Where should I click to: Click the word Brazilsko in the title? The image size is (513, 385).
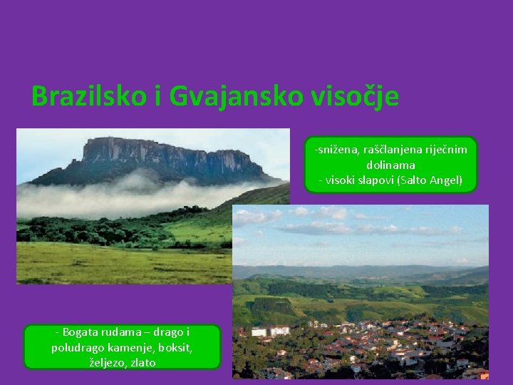click(x=88, y=96)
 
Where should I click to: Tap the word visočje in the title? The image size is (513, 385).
click(x=354, y=96)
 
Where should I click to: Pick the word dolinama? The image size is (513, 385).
click(x=390, y=165)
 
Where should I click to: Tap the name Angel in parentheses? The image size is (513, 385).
click(x=445, y=180)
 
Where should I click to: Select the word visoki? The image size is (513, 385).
click(x=341, y=180)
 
